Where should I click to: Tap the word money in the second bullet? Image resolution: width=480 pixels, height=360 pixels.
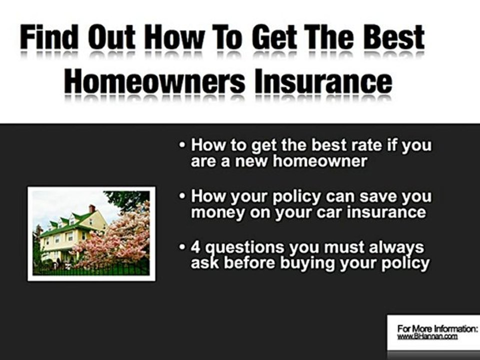216,212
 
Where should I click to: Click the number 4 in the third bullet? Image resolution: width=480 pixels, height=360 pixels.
196,247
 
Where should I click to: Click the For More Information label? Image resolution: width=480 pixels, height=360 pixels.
437,329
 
